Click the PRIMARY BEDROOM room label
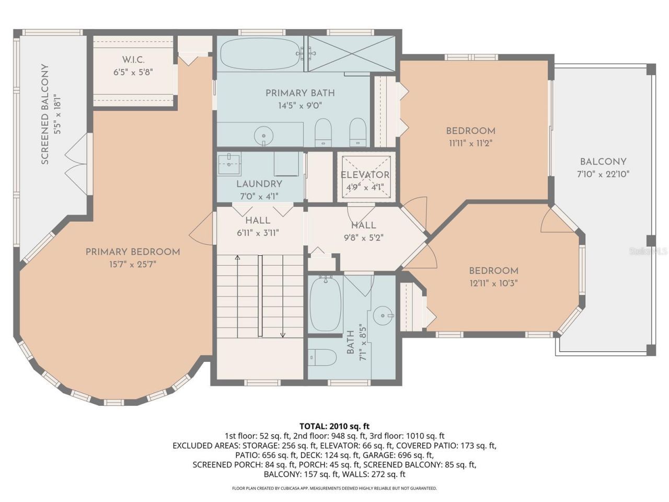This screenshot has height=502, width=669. (x=133, y=252)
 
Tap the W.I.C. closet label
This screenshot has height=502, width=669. (x=133, y=60)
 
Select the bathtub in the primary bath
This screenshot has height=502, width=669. (x=259, y=54)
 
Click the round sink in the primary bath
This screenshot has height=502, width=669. (x=263, y=136)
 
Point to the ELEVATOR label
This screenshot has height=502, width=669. (x=365, y=175)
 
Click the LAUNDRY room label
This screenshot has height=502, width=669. (x=259, y=184)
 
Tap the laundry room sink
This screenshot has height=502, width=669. (x=229, y=164)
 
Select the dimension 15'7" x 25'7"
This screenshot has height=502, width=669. (x=133, y=265)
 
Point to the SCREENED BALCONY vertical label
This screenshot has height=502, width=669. (x=45, y=115)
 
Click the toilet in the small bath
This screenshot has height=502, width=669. (x=322, y=358)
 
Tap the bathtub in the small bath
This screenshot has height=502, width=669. (x=325, y=304)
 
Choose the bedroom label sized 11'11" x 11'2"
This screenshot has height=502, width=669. (x=470, y=131)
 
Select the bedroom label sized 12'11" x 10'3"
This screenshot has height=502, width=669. (x=493, y=271)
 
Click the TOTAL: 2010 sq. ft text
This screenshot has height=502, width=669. (x=334, y=426)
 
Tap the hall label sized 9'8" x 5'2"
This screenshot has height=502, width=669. (x=363, y=225)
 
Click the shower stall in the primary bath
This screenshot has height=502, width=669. (x=351, y=53)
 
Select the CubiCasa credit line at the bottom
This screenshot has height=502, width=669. (x=334, y=488)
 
